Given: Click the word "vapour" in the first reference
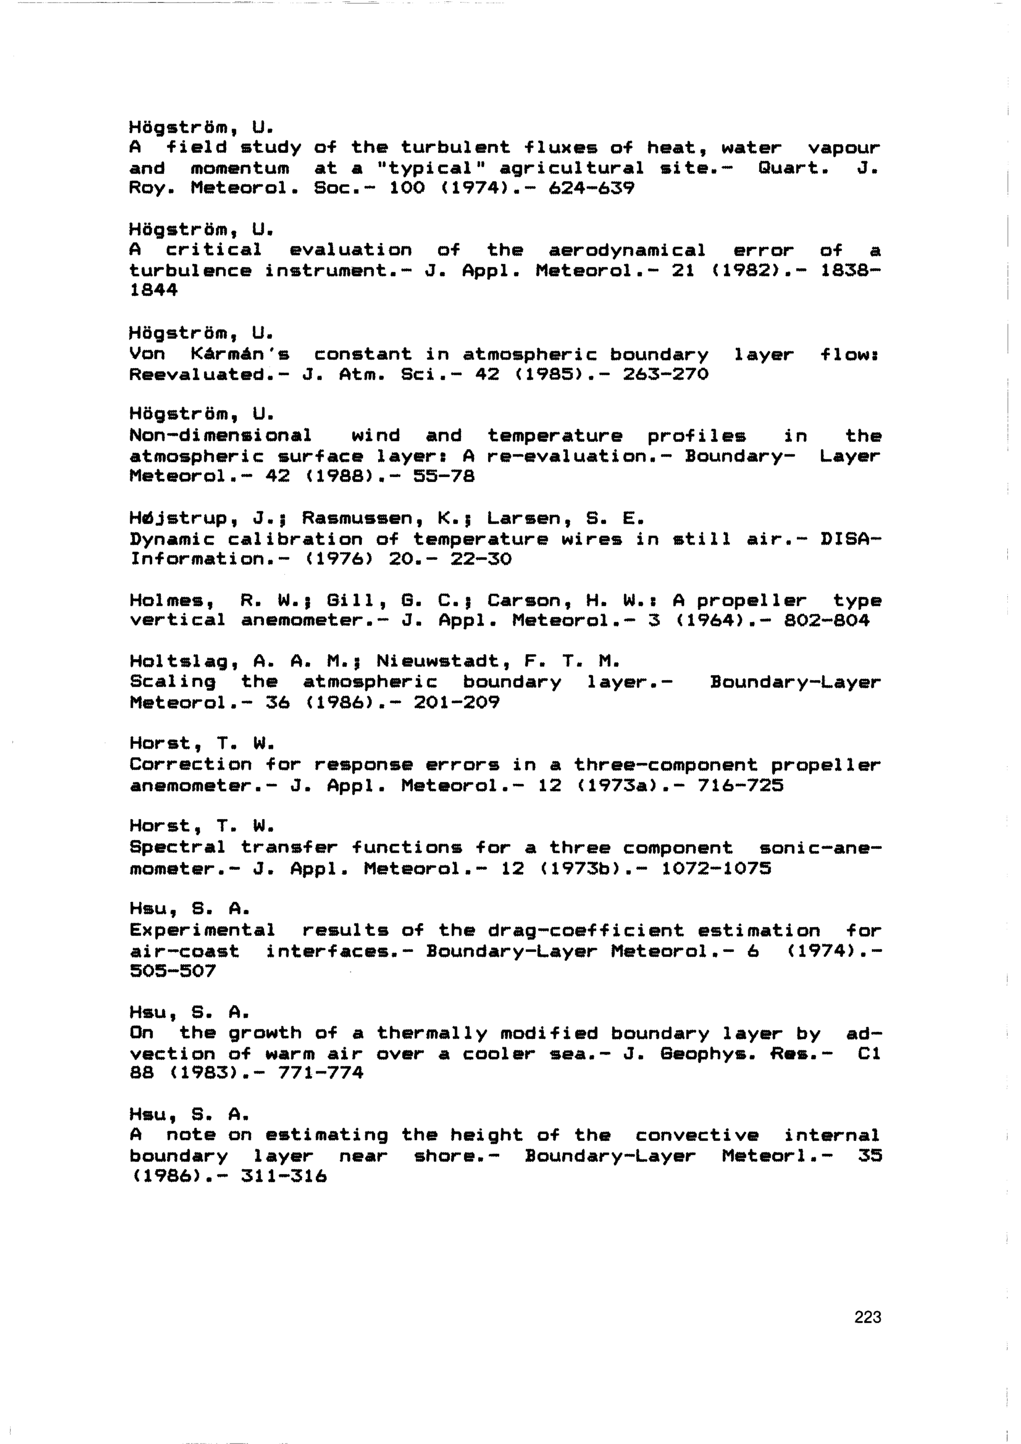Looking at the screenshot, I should (844, 149).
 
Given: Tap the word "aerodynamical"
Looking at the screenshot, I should (627, 250).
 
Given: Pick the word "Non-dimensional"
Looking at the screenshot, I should (220, 435).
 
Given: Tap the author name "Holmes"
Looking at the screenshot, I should (166, 600).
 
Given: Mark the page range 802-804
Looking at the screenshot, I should (826, 621).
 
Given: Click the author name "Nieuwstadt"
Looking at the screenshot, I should (443, 661).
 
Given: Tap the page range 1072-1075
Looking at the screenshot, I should (716, 869).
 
